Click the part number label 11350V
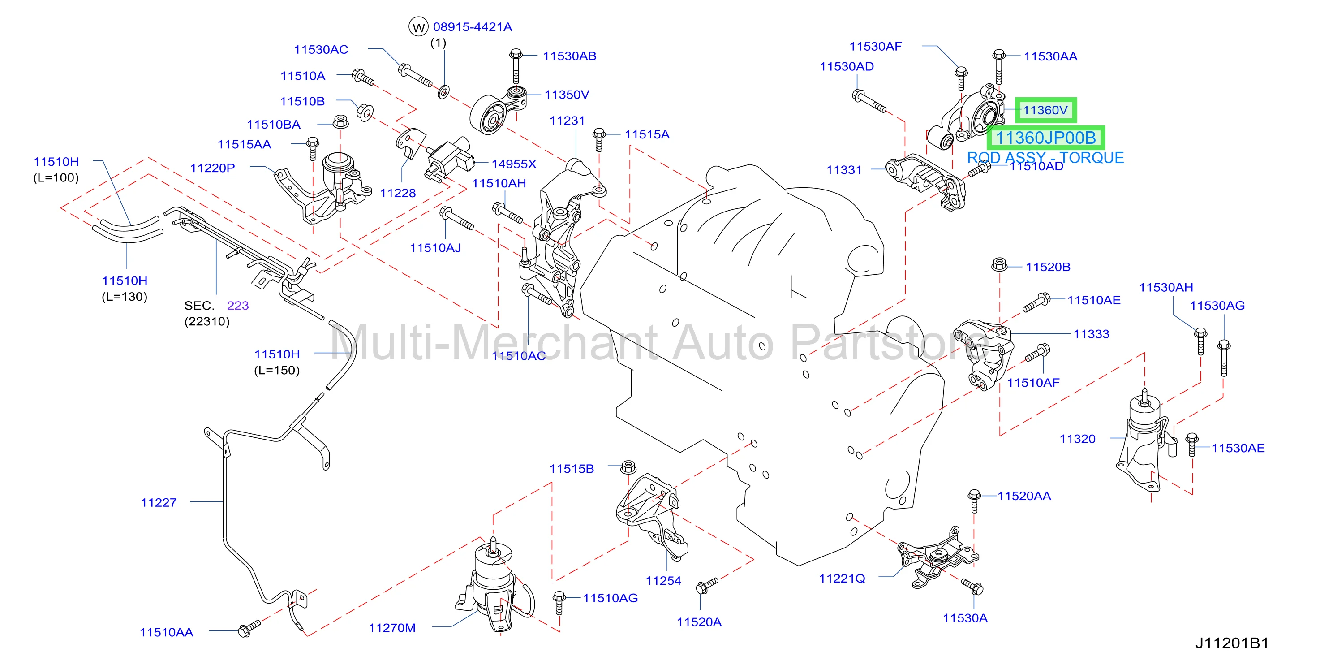pyautogui.click(x=566, y=95)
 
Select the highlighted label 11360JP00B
pyautogui.click(x=1045, y=138)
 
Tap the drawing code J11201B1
pyautogui.click(x=1232, y=643)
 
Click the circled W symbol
pyautogui.click(x=418, y=27)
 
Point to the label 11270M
pyautogui.click(x=392, y=627)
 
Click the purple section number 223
pyautogui.click(x=238, y=306)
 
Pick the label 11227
pyautogui.click(x=159, y=502)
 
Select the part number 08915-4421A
pyautogui.click(x=473, y=26)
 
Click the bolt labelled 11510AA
pyautogui.click(x=249, y=629)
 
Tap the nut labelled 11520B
pyautogui.click(x=999, y=264)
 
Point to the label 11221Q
pyautogui.click(x=842, y=579)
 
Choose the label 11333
pyautogui.click(x=1091, y=334)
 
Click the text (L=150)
pyautogui.click(x=277, y=370)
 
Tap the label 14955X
pyautogui.click(x=513, y=164)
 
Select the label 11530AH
pyautogui.click(x=1166, y=287)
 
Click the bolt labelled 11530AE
pyautogui.click(x=1192, y=445)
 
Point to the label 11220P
pyautogui.click(x=212, y=168)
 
